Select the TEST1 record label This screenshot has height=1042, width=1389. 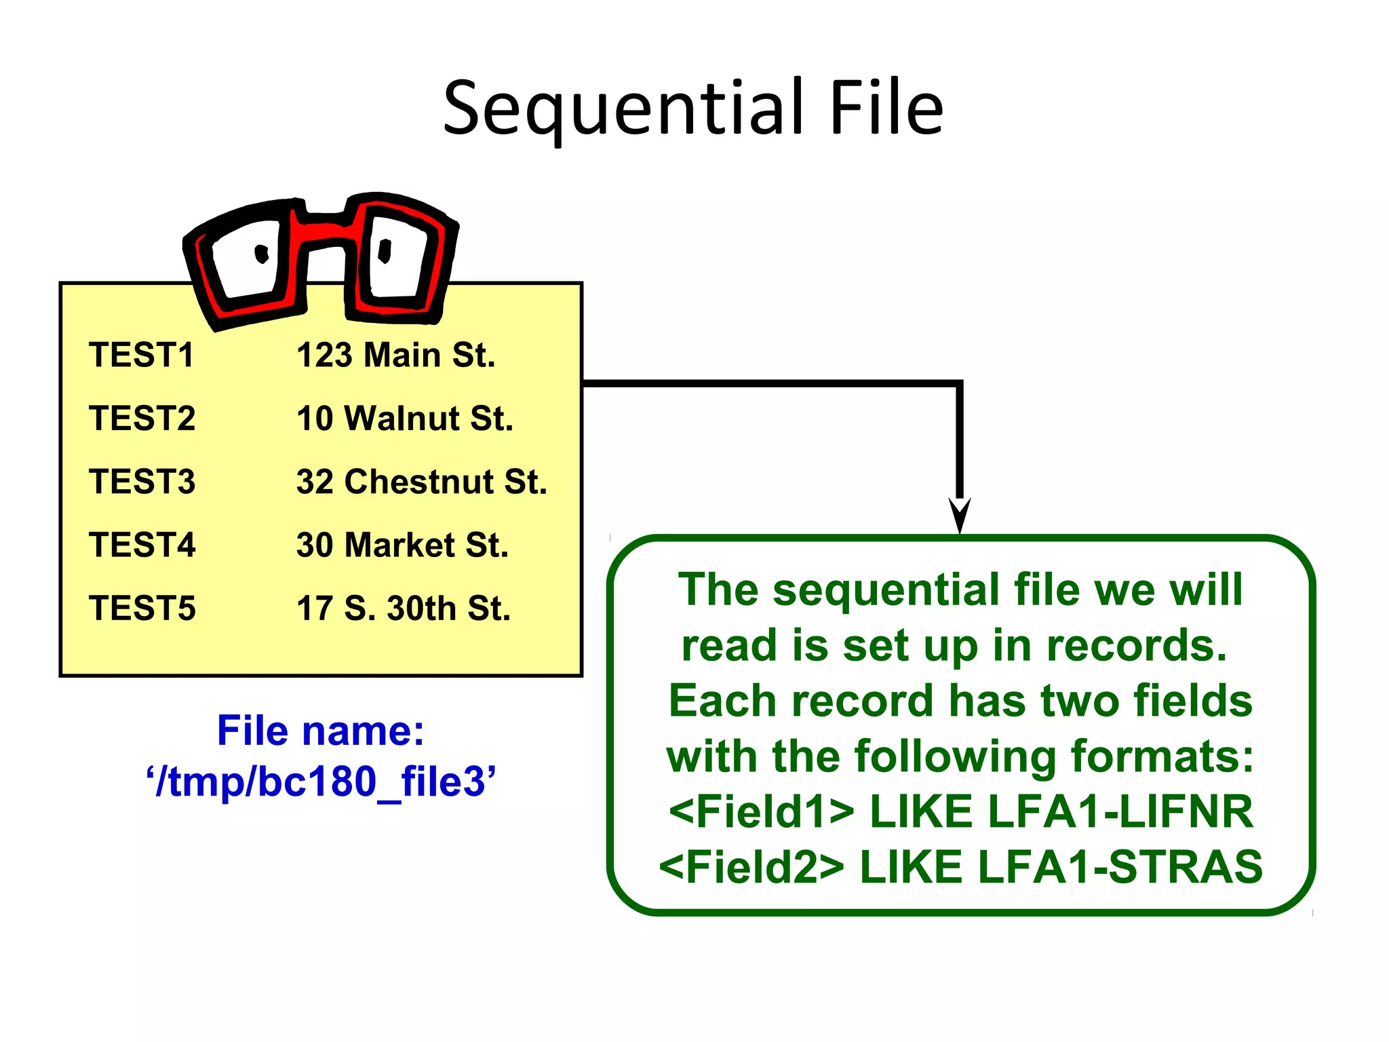[141, 355]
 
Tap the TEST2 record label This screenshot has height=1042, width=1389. [142, 419]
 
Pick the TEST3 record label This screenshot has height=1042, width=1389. [142, 482]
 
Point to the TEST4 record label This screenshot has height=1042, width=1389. [142, 545]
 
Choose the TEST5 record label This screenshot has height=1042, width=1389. [142, 608]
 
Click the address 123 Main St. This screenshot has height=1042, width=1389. [396, 355]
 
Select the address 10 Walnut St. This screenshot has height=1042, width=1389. [405, 419]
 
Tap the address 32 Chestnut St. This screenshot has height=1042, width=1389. [421, 482]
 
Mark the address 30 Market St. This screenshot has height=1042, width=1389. [402, 545]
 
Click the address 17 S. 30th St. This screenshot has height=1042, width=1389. [404, 608]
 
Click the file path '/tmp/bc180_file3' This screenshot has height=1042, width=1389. [320, 781]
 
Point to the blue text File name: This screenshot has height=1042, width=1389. [320, 731]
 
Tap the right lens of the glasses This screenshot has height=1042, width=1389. [397, 258]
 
